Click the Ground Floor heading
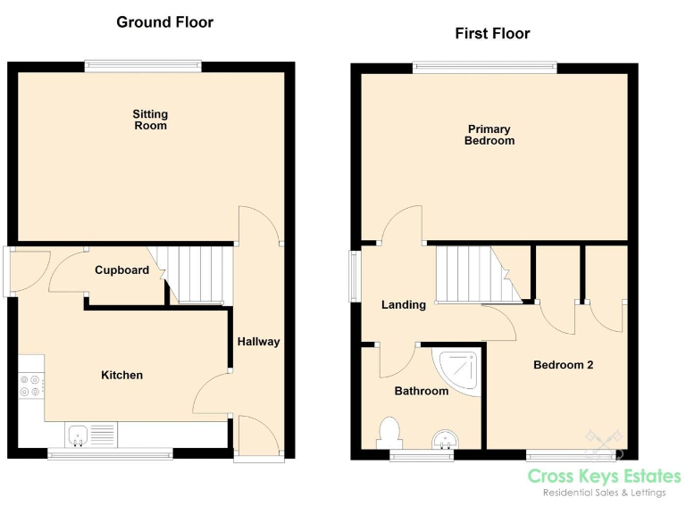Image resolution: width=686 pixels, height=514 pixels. point(165,22)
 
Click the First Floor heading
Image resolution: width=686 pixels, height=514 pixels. point(492,34)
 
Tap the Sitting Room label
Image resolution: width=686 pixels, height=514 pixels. point(150,120)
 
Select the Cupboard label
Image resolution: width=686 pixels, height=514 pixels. point(122,269)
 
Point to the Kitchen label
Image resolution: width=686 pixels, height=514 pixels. point(121,375)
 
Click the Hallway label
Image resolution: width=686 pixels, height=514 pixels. point(258,341)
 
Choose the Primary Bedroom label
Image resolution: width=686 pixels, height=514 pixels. point(489,135)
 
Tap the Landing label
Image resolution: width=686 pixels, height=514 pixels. point(404,304)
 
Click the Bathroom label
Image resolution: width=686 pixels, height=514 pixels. point(422,391)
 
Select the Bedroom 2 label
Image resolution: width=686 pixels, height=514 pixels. point(564,364)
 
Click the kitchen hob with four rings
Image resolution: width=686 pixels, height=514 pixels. point(30,385)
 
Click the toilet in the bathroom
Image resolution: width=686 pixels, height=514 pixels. point(389,433)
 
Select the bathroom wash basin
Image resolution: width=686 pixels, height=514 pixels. point(444,439)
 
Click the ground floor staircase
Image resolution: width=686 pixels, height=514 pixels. point(198,274)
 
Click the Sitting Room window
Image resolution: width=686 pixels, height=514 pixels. point(143,65)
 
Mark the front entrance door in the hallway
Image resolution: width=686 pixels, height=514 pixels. point(259,437)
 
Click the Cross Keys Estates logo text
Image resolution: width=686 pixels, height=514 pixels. point(604,477)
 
